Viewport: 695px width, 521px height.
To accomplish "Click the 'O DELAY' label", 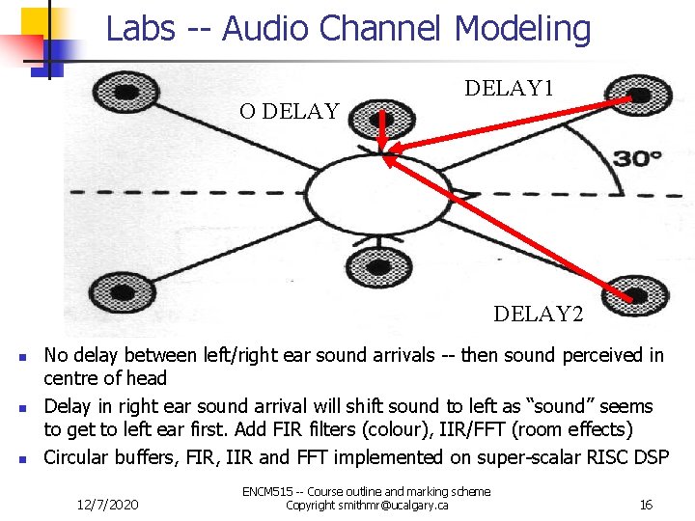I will point(289,111).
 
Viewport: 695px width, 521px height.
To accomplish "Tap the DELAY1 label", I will point(509,89).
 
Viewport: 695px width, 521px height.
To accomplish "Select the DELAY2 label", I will point(539,314).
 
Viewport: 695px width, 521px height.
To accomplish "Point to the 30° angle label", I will point(640,157).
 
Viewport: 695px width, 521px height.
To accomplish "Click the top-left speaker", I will point(119,94).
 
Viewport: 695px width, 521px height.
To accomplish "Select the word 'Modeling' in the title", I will point(522,28).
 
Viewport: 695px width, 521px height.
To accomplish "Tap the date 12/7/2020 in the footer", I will point(110,504).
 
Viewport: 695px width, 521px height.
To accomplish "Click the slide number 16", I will point(646,504).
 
